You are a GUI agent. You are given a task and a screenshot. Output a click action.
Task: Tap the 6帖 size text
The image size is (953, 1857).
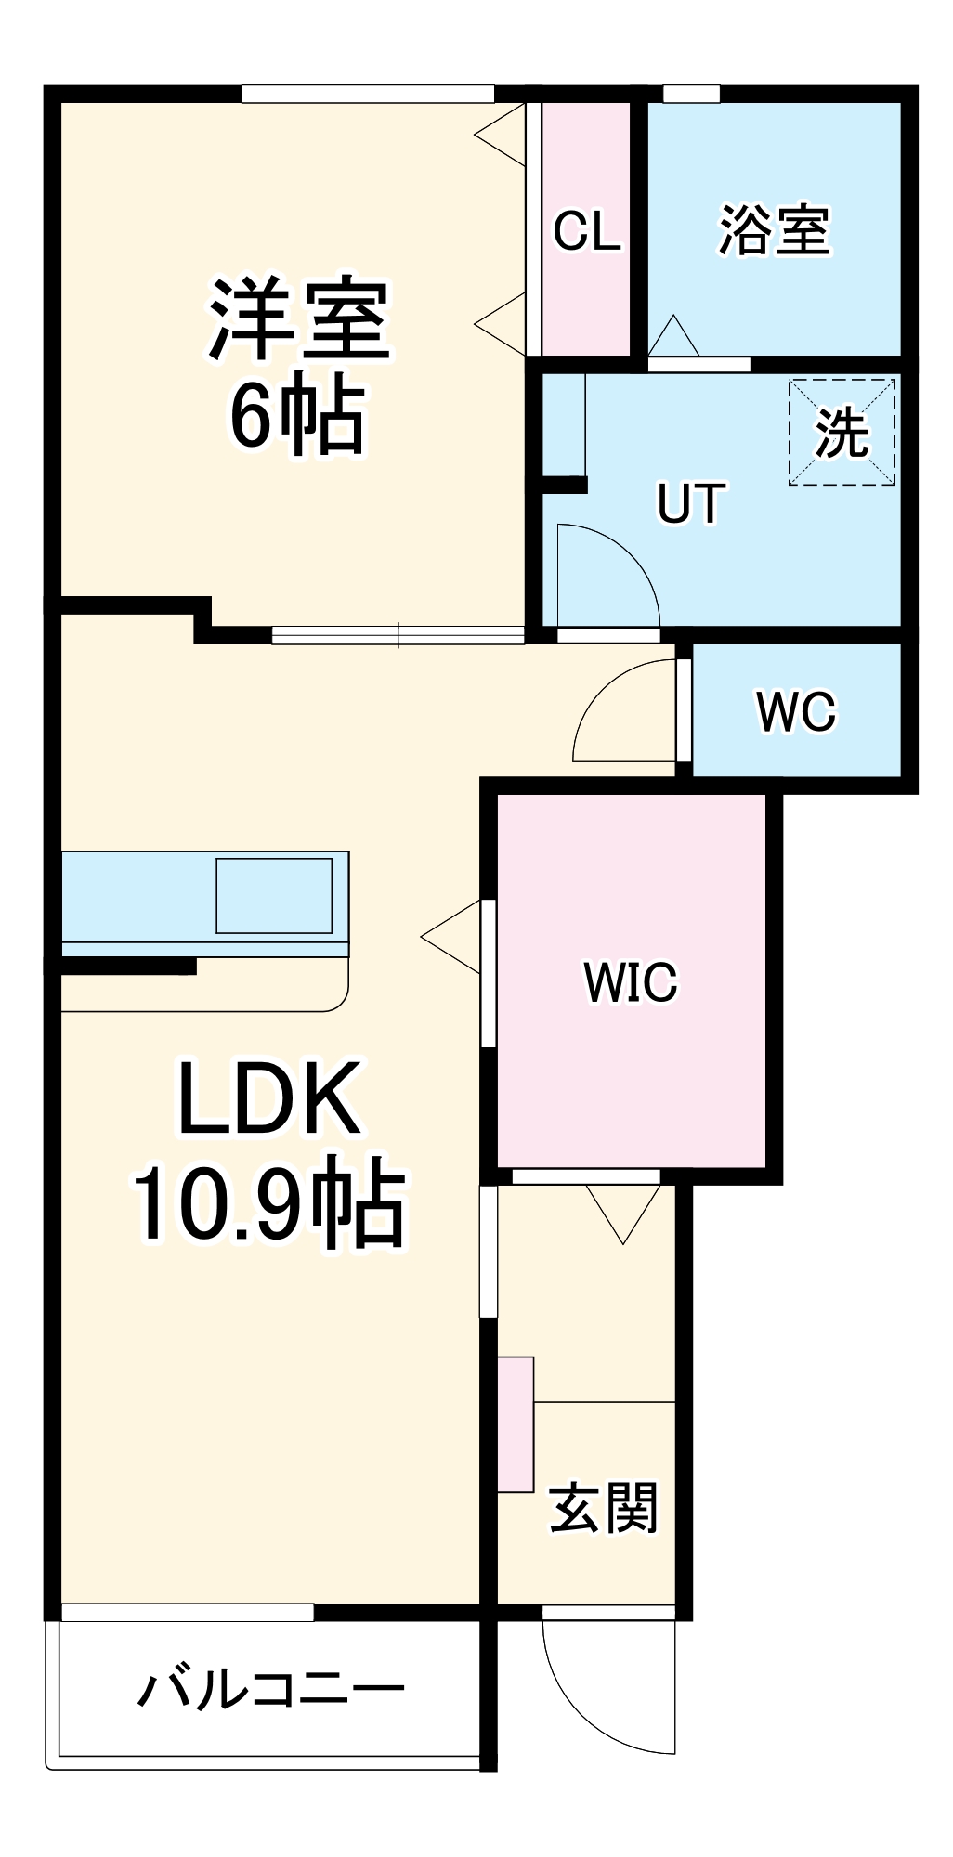click(x=297, y=414)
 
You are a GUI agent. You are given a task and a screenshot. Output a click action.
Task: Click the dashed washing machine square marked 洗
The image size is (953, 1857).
click(x=842, y=432)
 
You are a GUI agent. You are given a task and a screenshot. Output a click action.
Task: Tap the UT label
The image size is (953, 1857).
click(x=691, y=504)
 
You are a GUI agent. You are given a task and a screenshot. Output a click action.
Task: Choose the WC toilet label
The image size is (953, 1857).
click(x=796, y=712)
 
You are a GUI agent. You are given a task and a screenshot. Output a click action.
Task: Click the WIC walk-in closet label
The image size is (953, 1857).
click(x=631, y=982)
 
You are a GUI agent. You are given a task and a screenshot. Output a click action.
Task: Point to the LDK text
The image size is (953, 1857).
click(x=269, y=1099)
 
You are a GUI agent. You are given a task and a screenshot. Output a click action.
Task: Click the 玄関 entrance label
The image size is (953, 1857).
click(x=604, y=1508)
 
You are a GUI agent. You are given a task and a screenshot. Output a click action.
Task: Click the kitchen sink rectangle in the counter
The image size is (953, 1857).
click(x=274, y=896)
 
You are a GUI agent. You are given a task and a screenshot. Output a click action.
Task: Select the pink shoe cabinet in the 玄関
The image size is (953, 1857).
click(x=516, y=1424)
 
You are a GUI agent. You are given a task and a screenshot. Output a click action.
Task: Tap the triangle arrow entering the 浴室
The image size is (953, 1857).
click(x=672, y=336)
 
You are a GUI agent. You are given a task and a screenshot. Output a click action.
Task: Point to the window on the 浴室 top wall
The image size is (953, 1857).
click(x=691, y=94)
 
